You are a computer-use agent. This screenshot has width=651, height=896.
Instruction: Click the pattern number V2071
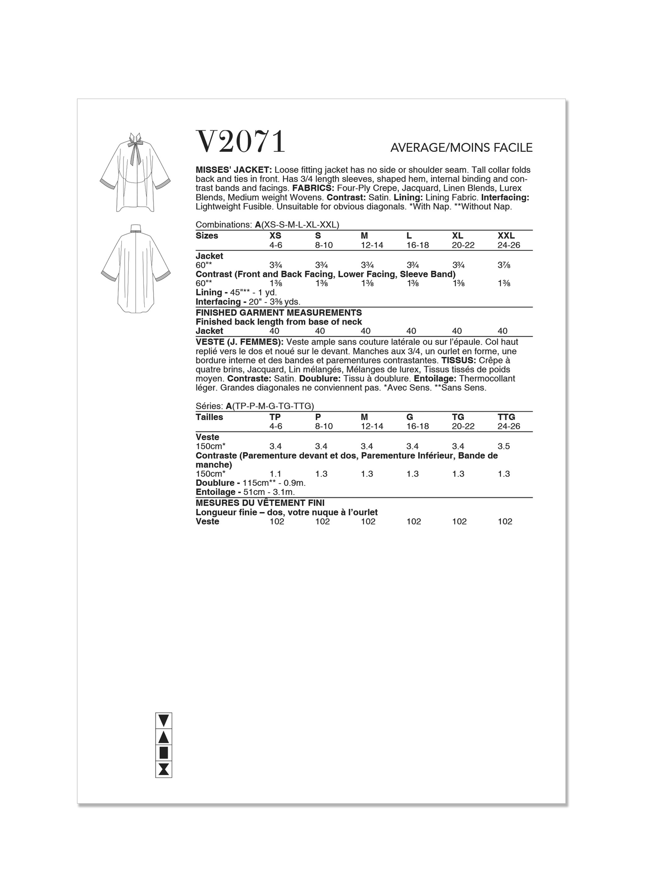pyautogui.click(x=241, y=142)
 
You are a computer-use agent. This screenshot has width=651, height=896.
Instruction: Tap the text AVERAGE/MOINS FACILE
pyautogui.click(x=461, y=148)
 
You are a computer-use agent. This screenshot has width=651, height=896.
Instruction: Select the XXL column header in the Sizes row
pyautogui.click(x=506, y=236)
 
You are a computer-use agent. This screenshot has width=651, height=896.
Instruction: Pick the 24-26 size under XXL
pyautogui.click(x=509, y=245)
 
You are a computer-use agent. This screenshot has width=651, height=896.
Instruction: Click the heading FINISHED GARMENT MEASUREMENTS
pyautogui.click(x=279, y=313)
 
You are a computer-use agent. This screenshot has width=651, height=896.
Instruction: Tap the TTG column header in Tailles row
pyautogui.click(x=506, y=417)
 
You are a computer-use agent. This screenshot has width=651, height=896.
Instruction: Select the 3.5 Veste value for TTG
pyautogui.click(x=504, y=447)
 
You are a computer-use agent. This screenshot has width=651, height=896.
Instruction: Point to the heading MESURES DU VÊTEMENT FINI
pyautogui.click(x=260, y=503)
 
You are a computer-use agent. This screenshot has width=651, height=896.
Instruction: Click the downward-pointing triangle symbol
pyautogui.click(x=164, y=720)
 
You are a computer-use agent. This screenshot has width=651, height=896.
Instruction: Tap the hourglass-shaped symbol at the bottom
pyautogui.click(x=164, y=770)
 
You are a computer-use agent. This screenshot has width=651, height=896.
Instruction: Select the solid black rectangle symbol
pyautogui.click(x=164, y=753)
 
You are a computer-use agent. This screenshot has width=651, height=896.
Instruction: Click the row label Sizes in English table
pyautogui.click(x=207, y=236)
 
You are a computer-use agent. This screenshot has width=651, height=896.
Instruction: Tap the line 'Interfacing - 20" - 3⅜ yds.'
pyautogui.click(x=248, y=302)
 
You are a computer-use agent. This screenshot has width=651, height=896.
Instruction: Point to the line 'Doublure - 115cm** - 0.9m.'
pyautogui.click(x=250, y=483)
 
